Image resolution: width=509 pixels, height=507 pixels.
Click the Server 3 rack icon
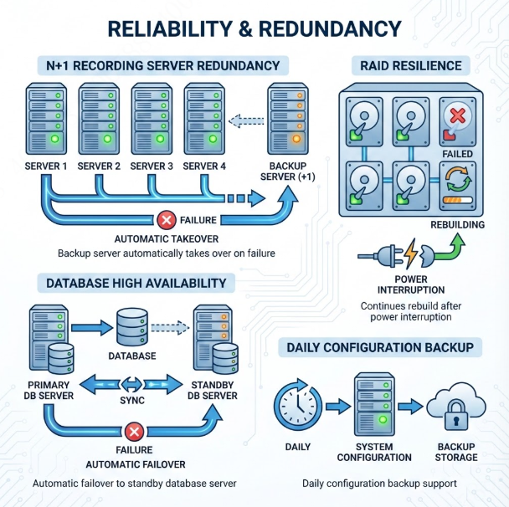(152, 119)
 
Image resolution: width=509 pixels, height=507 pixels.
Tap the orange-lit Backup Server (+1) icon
(288, 119)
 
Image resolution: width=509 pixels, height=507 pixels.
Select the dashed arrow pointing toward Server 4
(246, 121)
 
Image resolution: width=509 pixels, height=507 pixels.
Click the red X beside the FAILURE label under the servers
(167, 220)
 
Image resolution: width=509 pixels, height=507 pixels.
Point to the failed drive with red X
(458, 121)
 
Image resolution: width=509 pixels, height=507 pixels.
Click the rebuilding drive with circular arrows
(458, 187)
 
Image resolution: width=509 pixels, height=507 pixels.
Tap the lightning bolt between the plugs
(411, 253)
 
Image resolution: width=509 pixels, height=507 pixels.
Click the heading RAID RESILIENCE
(411, 66)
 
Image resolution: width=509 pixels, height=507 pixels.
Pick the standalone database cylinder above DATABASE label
(132, 327)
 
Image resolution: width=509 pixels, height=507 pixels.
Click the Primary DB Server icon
(51, 340)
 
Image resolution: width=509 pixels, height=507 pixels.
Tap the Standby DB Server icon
(215, 340)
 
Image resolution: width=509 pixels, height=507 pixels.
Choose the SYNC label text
(132, 400)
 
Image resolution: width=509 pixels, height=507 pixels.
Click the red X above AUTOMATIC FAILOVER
(134, 432)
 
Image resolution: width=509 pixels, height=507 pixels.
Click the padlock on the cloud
(456, 414)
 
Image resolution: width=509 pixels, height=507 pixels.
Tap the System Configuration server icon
(374, 404)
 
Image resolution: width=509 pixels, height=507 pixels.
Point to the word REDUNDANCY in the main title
(330, 29)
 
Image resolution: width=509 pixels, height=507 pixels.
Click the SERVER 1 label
(46, 166)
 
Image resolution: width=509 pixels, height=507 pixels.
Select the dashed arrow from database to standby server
(170, 327)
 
